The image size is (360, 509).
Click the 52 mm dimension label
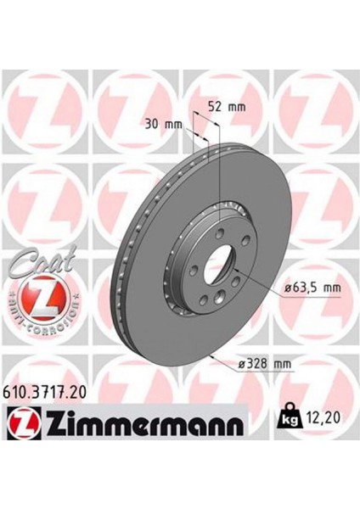point(226,108)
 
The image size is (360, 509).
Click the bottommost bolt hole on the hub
point(218,296)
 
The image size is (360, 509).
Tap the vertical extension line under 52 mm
point(220,161)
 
